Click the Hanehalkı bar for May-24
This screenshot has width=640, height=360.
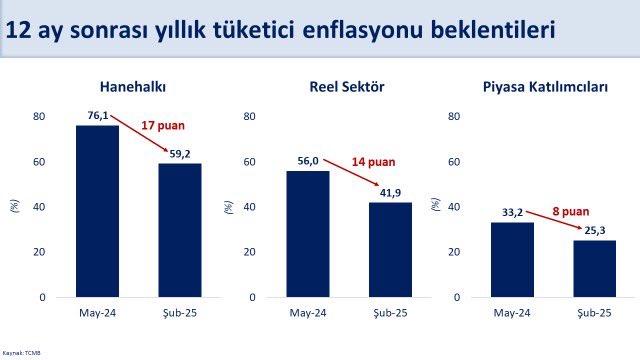[98, 211]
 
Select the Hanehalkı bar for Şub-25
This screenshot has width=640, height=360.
[180, 230]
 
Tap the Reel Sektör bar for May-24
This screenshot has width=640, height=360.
[308, 234]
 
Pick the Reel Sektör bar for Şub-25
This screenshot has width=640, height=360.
[390, 249]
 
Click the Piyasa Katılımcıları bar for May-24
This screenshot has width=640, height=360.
[512, 259]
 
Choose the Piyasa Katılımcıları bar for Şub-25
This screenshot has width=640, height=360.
[594, 268]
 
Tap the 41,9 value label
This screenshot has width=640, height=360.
[391, 193]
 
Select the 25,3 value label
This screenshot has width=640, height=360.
[595, 231]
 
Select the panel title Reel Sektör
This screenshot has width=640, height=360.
[347, 87]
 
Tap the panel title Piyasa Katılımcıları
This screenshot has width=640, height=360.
[553, 87]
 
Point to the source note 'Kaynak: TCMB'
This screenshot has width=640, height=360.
[22, 353]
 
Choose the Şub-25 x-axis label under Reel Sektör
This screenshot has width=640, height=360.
[390, 313]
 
